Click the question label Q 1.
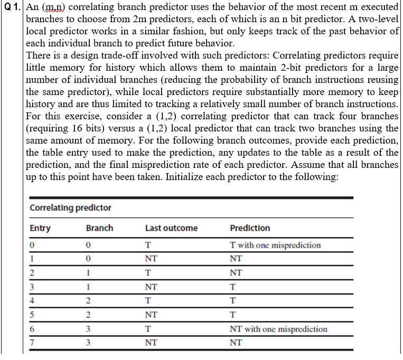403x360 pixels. coord(12,7)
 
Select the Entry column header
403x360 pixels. coord(40,228)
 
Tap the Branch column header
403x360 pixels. coord(99,228)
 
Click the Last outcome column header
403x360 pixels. coord(171,228)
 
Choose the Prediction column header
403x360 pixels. coord(250,228)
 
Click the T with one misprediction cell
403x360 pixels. coord(275,245)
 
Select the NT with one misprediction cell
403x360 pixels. coord(278,329)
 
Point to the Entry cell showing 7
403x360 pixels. coord(32,343)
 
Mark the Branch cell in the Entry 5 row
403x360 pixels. coord(89,315)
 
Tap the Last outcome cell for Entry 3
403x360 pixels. coord(151,287)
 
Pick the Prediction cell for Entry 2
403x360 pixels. coord(236,273)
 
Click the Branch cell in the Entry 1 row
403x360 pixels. coord(89,259)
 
